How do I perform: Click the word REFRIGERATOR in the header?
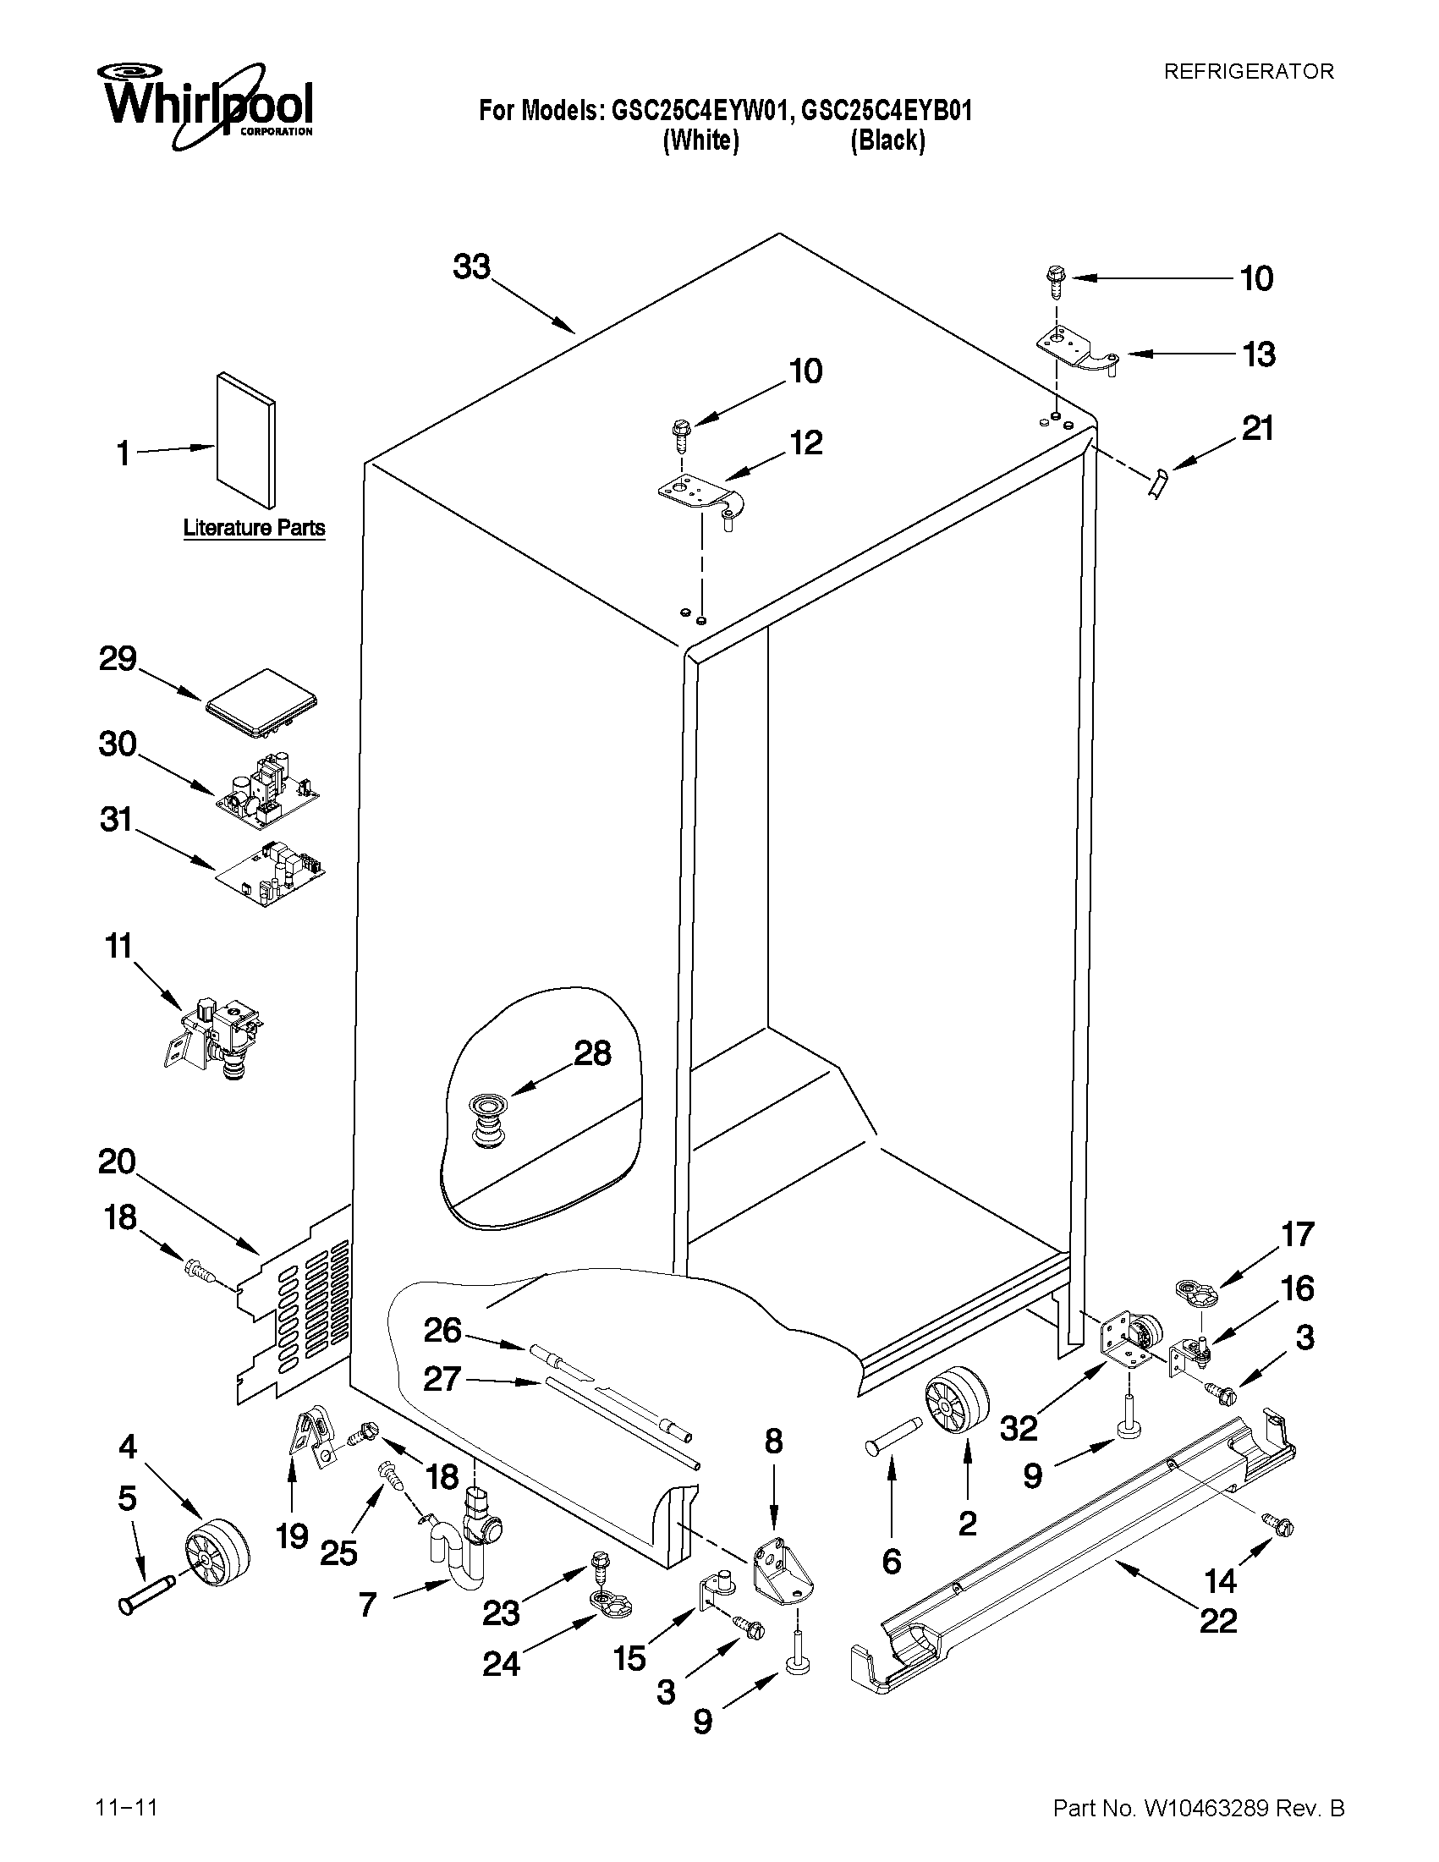pos(1248,72)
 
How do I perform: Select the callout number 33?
pos(471,266)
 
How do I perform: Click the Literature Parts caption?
pos(254,528)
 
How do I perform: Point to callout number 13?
pos(1258,354)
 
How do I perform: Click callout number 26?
pos(442,1330)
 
